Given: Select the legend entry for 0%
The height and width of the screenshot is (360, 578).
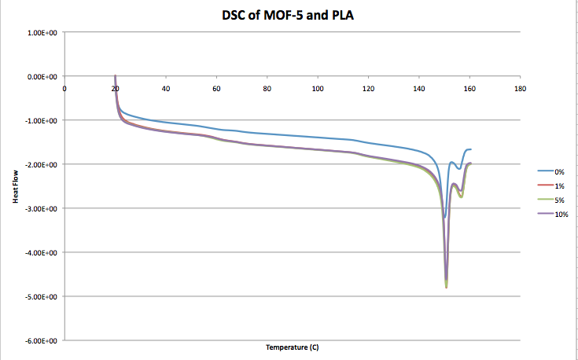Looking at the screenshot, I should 559,171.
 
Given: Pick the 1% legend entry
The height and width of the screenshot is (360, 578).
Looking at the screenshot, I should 559,186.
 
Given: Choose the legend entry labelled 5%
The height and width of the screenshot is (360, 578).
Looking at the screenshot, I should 559,200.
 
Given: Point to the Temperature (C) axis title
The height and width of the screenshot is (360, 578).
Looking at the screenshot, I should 292,347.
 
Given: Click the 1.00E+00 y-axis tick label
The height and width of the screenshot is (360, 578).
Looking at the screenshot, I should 41,33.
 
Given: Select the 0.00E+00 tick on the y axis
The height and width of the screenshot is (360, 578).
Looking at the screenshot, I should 41,77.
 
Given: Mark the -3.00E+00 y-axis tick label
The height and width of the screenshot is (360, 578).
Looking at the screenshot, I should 39,208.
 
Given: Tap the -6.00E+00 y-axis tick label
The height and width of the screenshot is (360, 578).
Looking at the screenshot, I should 39,340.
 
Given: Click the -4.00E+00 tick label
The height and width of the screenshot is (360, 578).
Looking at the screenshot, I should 39,252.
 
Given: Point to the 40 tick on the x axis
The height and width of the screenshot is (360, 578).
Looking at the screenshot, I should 166,88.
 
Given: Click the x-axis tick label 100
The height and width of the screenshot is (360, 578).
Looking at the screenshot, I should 318,88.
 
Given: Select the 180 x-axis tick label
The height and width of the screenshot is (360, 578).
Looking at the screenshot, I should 520,88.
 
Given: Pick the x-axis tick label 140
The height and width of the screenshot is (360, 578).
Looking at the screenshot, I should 419,88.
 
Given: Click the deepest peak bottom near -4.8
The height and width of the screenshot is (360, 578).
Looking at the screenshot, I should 446,287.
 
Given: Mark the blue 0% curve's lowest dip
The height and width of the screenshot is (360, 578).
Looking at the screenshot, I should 444,217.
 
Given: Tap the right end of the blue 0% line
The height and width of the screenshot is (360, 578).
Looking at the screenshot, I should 470,149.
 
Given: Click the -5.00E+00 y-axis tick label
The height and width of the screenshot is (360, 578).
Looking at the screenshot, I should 39,296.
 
